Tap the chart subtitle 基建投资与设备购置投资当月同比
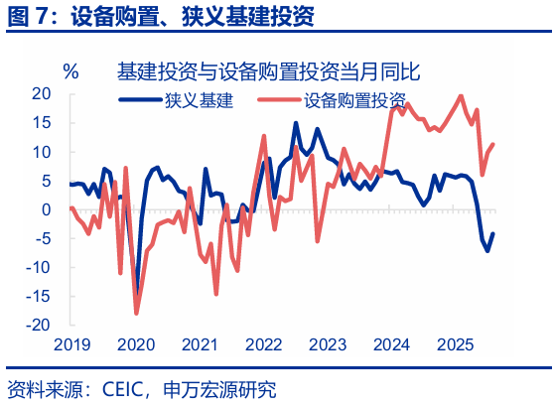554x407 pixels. pyautogui.click(x=267, y=71)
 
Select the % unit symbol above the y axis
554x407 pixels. pyautogui.click(x=70, y=71)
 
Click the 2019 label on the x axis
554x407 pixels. pyautogui.click(x=71, y=344)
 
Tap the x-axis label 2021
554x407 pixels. pyautogui.click(x=200, y=344)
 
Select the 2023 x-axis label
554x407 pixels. pyautogui.click(x=328, y=344)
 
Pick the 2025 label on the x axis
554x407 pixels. pyautogui.click(x=456, y=344)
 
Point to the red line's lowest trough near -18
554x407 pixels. pyautogui.click(x=137, y=314)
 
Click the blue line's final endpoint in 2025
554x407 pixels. pyautogui.click(x=493, y=234)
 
